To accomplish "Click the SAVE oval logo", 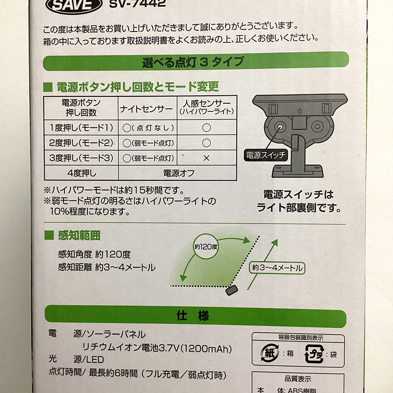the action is coord(74,5).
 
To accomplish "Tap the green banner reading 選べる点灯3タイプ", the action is coord(196,61).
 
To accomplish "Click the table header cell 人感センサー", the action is coord(207,107).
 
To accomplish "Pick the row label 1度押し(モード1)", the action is coord(81,128).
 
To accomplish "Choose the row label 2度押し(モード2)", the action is coord(81,143).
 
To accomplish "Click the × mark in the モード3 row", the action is coord(206,158).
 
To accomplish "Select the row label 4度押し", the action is coord(82,173).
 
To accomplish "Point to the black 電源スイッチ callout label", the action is coord(266,155).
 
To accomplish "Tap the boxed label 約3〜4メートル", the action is coord(277,268).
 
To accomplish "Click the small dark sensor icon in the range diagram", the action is coord(231,290).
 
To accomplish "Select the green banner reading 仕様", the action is coord(196,316).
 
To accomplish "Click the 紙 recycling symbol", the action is coord(270,353).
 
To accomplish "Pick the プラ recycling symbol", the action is coord(314,354).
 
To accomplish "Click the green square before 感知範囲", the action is coord(49,235).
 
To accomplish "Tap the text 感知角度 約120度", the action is coord(94,254).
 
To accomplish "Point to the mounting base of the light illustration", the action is coord(298,171).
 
